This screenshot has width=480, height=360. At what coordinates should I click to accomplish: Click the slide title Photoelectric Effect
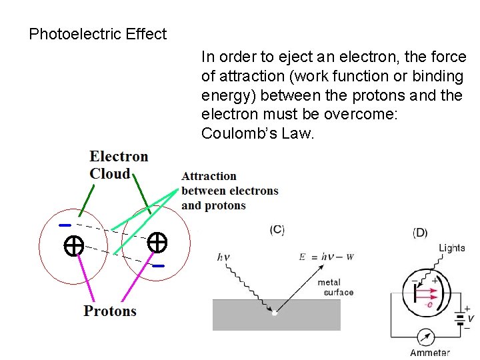pos(98,34)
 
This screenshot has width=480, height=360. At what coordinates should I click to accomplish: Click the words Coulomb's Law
pos(257,134)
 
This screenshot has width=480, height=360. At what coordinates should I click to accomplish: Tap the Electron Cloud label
pos(119,165)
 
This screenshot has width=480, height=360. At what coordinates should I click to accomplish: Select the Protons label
pos(110,311)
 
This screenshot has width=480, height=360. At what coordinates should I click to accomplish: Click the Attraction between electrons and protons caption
pos(229,191)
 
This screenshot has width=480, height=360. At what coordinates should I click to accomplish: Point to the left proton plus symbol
pos(73,246)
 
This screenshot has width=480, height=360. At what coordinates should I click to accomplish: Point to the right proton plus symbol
pos(157,242)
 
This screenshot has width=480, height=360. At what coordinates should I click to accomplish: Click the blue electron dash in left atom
pos(65,225)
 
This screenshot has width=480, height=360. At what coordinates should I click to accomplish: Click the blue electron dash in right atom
pos(157,266)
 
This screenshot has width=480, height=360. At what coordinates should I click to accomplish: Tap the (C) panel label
pos(277,230)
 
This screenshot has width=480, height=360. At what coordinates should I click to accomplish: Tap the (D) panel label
pos(420,232)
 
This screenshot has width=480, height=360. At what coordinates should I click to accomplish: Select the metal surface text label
pos(335,287)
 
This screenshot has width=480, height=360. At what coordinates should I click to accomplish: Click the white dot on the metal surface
pos(274,312)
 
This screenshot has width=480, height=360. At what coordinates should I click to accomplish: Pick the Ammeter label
pos(429,353)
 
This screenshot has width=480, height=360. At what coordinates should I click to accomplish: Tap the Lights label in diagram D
pos(451,248)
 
